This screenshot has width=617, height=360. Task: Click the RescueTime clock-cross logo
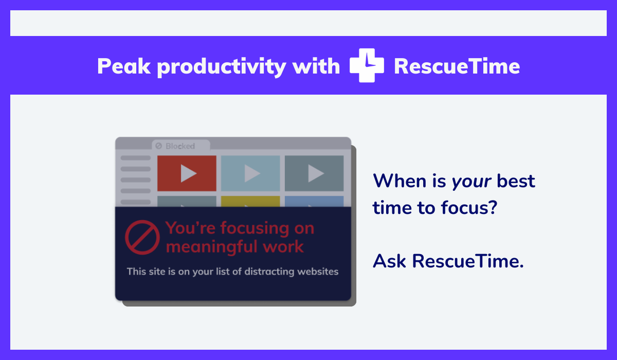pos(367,65)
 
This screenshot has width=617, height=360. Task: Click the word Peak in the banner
pos(124,66)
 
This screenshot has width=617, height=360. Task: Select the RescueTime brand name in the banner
pos(457,66)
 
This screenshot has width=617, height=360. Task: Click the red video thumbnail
pos(187,173)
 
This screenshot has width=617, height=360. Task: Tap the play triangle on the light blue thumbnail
pos(252,173)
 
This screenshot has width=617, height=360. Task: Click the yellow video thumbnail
pos(250,202)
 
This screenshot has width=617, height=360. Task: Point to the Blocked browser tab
pos(180,145)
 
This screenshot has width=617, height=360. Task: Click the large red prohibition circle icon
pos(142,237)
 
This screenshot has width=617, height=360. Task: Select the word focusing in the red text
pos(255,229)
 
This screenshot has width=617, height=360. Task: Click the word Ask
pos(389,261)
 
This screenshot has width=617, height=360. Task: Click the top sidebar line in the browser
pos(136,158)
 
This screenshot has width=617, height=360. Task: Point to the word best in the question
pos(516,181)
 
